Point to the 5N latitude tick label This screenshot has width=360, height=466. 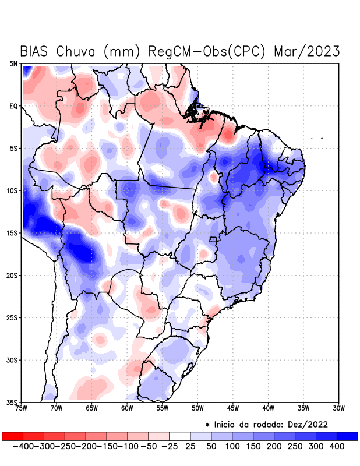click(13, 63)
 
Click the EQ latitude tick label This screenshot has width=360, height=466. click(13, 106)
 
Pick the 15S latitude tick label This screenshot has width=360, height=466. click(12, 233)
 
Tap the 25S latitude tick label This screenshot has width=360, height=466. click(12, 317)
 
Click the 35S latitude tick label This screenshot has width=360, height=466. click(12, 402)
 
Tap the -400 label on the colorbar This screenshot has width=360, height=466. click(23, 446)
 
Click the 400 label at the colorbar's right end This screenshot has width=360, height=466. click(336, 446)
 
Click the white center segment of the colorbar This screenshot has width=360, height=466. click(179, 436)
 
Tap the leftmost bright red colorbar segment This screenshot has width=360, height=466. click(12, 436)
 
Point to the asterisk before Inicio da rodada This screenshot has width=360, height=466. click(207, 425)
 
